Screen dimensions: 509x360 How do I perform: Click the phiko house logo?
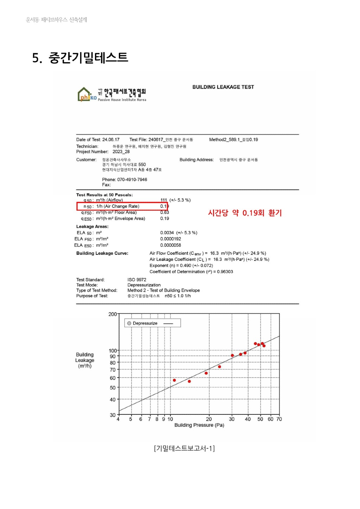point(86,94)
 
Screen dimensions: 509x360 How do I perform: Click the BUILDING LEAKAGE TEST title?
point(223,87)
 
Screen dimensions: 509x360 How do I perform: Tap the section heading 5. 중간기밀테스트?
point(80,57)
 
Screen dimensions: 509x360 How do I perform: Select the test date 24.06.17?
point(111,140)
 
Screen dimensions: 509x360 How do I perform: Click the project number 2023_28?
point(121,152)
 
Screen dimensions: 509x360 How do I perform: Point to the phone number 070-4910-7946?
point(132,180)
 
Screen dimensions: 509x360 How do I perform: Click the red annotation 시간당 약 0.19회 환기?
point(245,213)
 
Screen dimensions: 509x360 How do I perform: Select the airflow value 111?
point(164,200)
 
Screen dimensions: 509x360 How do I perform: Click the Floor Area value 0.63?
point(165,212)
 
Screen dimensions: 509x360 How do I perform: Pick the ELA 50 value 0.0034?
point(167,233)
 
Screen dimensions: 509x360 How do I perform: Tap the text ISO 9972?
point(137,280)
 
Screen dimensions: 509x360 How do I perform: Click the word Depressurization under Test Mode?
point(144,285)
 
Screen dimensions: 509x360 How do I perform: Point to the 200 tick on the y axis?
point(112,314)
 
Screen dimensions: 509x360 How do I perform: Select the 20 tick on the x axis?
point(209,419)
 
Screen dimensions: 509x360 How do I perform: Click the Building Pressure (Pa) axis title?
point(199,425)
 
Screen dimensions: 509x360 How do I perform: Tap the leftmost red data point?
point(174,380)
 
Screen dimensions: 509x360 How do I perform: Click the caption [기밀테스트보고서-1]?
point(184,448)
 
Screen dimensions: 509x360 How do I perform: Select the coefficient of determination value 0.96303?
point(225,272)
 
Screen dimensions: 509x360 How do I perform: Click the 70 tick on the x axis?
point(279,419)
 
